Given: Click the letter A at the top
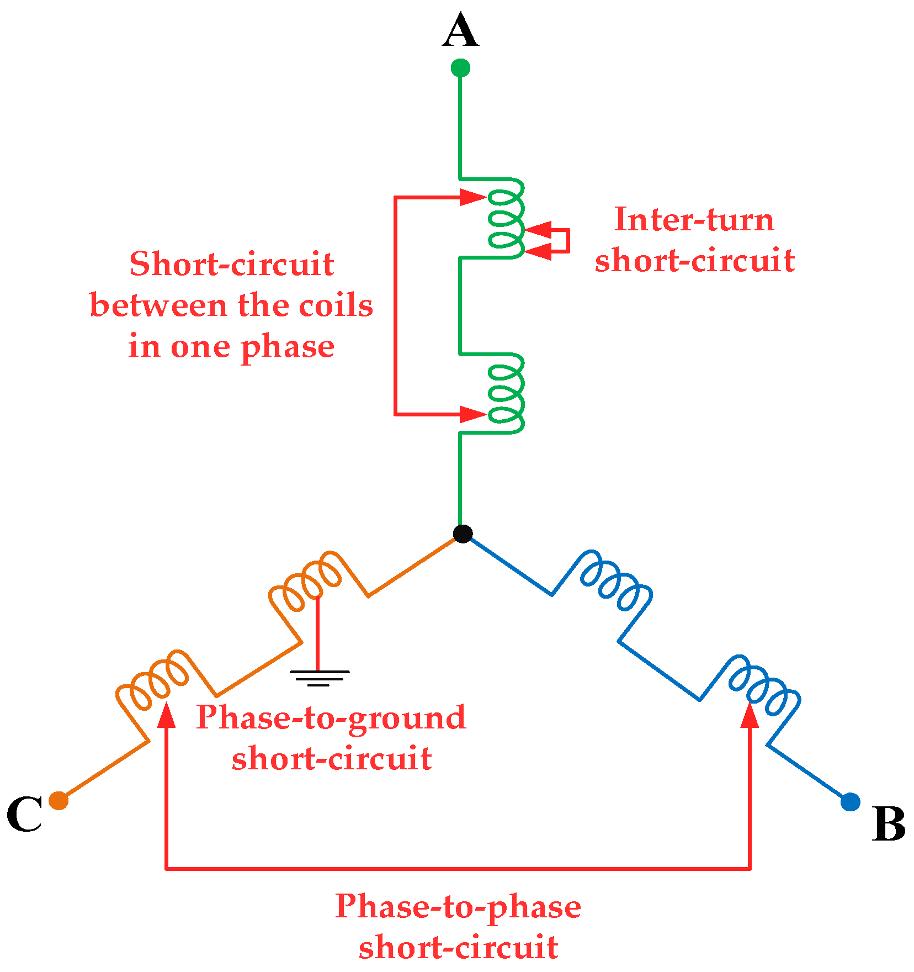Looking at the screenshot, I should (x=460, y=31).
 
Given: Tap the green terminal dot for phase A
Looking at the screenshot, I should (x=460, y=68).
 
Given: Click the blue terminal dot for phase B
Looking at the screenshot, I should (x=850, y=802).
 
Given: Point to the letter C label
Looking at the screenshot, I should (x=25, y=815).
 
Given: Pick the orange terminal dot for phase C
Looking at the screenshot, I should (x=59, y=800).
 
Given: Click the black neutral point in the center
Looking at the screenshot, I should (x=463, y=533).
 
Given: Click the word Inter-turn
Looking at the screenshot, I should (x=694, y=220).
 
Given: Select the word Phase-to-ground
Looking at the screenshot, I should (x=331, y=717).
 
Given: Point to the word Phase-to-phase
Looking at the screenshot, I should (x=458, y=906).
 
